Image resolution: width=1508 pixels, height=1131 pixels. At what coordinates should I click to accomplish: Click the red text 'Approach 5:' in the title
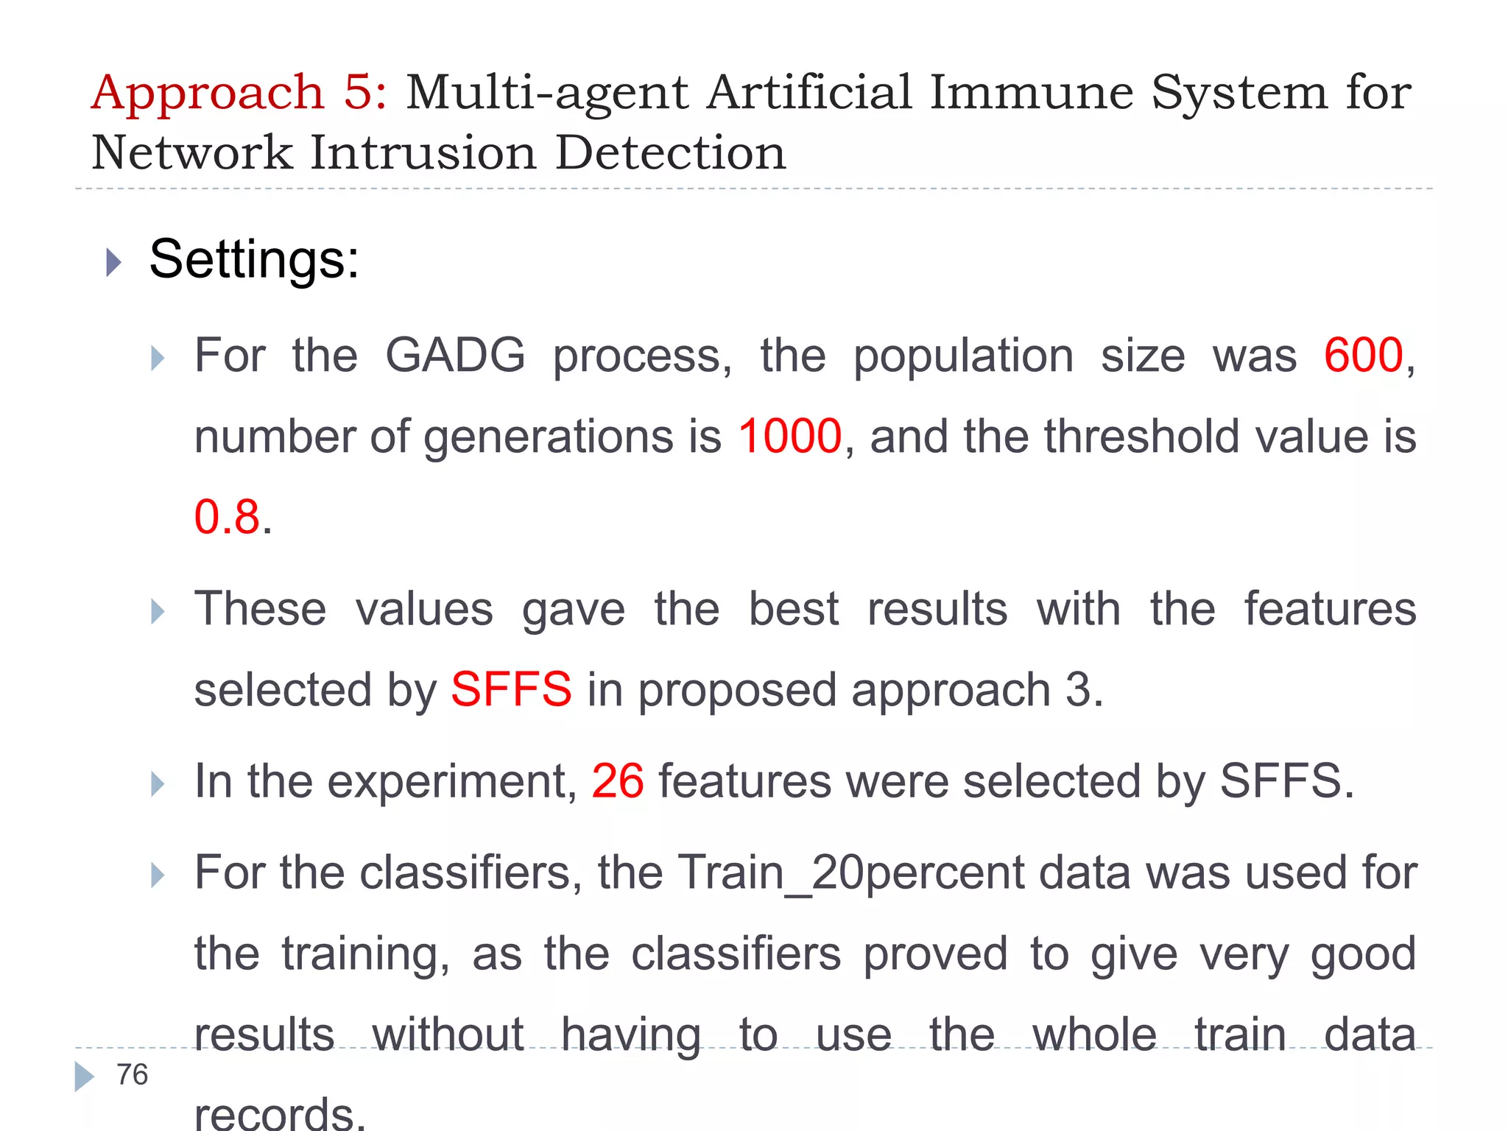click(x=239, y=94)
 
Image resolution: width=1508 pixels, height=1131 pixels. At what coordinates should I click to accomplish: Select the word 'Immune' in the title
click(x=1031, y=93)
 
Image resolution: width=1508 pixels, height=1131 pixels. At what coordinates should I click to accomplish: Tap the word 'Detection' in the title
click(x=670, y=153)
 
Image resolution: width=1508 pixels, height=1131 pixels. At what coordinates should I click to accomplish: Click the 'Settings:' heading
click(x=254, y=259)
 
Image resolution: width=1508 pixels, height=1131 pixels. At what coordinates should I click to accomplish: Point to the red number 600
click(x=1363, y=356)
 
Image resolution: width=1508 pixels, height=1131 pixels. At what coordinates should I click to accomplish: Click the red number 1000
click(x=789, y=436)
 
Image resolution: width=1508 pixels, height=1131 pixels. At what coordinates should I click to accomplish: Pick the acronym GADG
click(x=455, y=356)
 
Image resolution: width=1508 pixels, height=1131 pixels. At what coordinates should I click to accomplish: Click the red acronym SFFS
click(x=511, y=690)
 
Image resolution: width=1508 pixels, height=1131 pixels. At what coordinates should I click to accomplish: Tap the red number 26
click(x=617, y=781)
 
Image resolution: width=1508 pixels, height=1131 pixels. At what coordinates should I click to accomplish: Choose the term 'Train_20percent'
click(x=851, y=873)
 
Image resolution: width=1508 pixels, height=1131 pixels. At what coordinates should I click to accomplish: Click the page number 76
click(x=133, y=1075)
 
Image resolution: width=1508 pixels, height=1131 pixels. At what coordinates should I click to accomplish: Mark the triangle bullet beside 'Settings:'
click(x=113, y=262)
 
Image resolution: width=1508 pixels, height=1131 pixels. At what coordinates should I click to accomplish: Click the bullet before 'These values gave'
click(x=157, y=611)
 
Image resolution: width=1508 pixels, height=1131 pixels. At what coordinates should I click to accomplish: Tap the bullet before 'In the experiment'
click(x=157, y=783)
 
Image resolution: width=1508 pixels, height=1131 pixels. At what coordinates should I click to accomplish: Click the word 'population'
click(x=963, y=356)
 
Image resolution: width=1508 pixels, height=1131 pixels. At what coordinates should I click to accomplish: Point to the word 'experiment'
click(x=451, y=781)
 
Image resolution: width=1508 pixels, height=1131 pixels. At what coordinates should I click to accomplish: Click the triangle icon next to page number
click(x=84, y=1077)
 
